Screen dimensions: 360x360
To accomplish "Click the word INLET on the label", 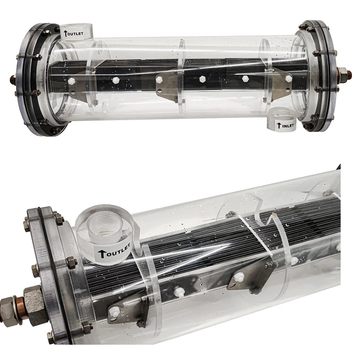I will (286, 126).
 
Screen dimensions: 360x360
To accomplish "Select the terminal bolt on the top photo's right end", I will (343, 72).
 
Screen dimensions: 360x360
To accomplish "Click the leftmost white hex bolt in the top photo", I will (71, 81).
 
